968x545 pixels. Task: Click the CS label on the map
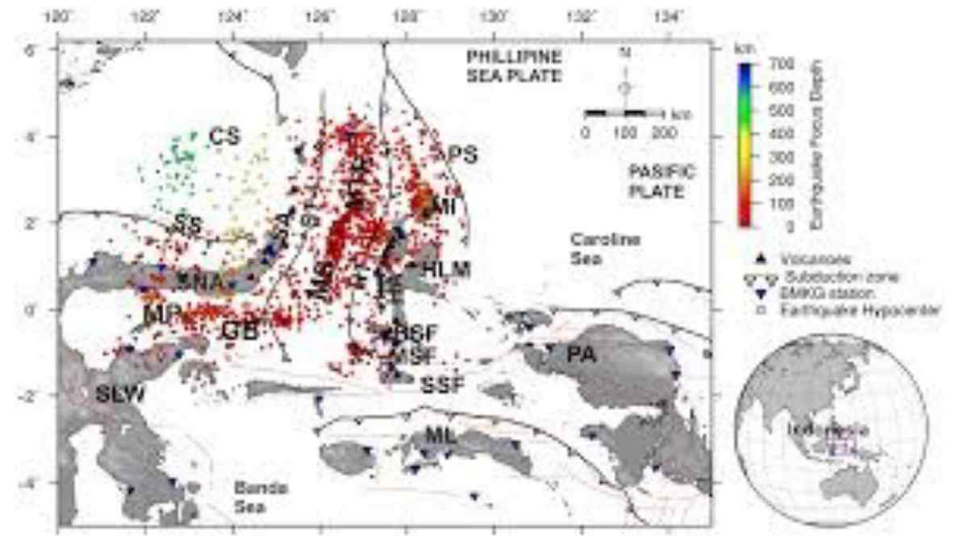[225, 136]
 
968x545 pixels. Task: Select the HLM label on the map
[446, 269]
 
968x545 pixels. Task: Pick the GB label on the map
[240, 329]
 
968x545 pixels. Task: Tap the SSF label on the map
[442, 385]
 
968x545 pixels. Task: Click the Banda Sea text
[261, 497]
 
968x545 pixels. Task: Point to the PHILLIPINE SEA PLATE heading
[514, 66]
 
